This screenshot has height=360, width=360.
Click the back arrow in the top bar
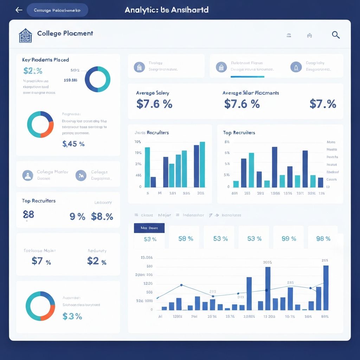[19, 10]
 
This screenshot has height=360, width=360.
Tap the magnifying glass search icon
[336, 34]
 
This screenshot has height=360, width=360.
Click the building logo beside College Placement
[25, 36]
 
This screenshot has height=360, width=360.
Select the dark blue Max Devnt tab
[149, 228]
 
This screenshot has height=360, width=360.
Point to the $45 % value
[73, 143]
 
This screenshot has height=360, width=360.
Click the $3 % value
[72, 316]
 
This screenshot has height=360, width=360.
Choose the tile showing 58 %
[186, 239]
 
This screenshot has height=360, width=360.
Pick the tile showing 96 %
[323, 239]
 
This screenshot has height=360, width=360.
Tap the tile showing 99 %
[289, 239]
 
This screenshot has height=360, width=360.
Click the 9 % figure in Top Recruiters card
[77, 217]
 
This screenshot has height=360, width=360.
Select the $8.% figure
[102, 217]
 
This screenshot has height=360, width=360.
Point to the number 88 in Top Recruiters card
[28, 214]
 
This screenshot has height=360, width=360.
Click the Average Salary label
[153, 93]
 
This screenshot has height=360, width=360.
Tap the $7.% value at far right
[323, 104]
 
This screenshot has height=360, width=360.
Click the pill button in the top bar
[57, 10]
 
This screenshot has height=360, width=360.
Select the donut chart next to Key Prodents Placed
[97, 79]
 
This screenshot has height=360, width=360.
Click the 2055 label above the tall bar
[267, 262]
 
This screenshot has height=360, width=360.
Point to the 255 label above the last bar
[325, 261]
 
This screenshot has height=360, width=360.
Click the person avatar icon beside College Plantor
[28, 175]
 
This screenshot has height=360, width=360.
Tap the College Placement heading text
[65, 33]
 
